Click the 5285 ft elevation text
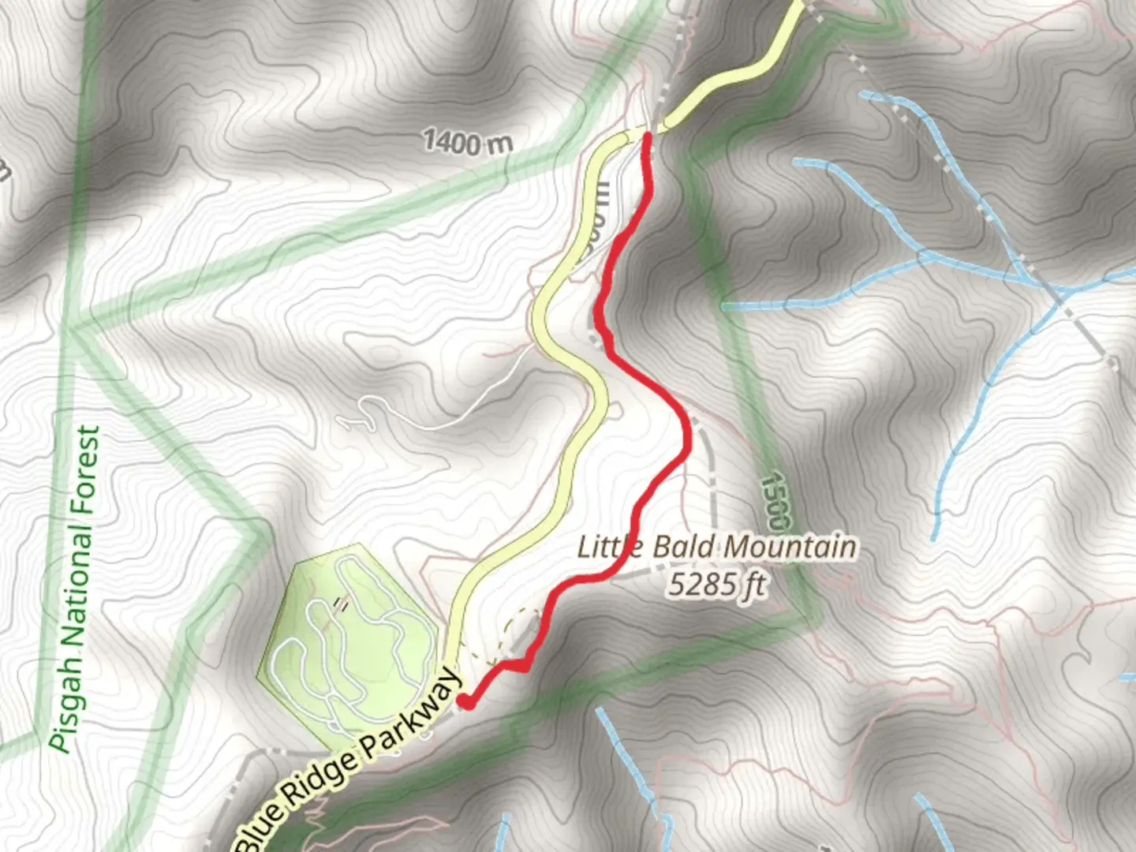[717, 585]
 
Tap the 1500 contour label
[776, 501]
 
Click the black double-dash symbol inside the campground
[342, 603]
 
